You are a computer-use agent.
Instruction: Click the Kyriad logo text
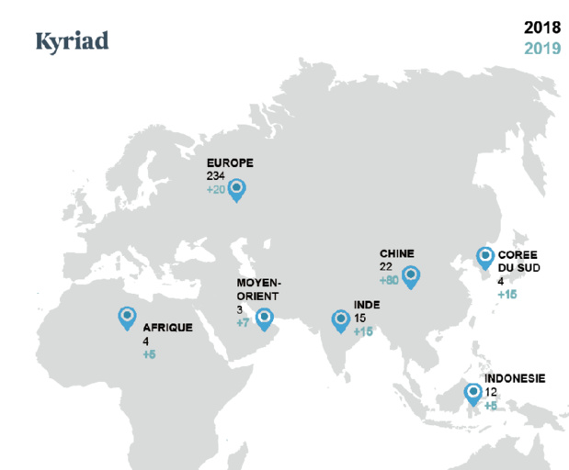click(x=72, y=41)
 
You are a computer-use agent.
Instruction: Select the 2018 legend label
click(x=542, y=28)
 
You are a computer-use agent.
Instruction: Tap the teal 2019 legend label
click(x=542, y=48)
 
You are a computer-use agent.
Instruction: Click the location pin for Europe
click(x=236, y=189)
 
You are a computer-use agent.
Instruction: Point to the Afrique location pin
click(x=127, y=318)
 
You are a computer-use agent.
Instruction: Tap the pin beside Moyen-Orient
click(x=264, y=319)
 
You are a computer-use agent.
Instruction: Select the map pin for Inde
click(x=340, y=319)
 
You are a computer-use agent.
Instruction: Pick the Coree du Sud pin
click(x=484, y=259)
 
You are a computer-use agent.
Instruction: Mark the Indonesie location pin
click(x=472, y=393)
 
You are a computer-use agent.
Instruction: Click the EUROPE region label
click(x=229, y=163)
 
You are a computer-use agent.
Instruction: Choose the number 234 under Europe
click(x=216, y=176)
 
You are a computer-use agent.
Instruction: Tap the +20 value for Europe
click(x=216, y=189)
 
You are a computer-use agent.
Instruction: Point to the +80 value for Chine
click(x=388, y=280)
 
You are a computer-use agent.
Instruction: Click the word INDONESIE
click(x=515, y=378)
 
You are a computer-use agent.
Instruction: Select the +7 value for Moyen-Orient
click(x=243, y=323)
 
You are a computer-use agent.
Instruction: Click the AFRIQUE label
click(x=167, y=327)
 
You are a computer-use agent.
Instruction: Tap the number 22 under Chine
click(x=386, y=266)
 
